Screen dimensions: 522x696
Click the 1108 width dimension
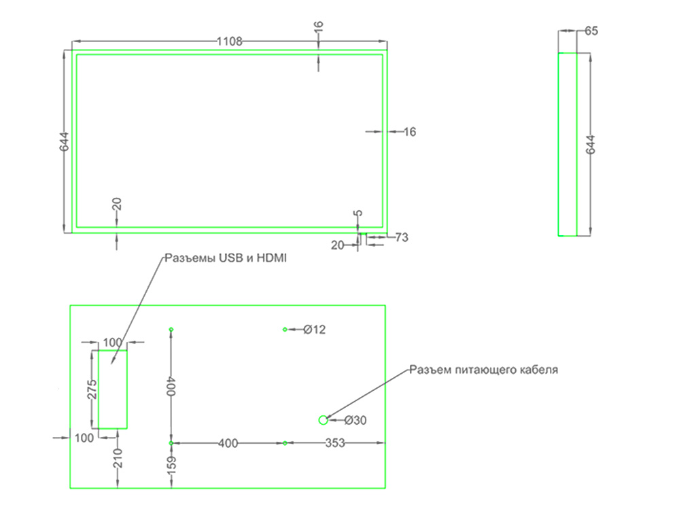(230, 41)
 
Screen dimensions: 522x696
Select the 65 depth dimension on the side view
(591, 31)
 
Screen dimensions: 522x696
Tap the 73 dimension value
(402, 237)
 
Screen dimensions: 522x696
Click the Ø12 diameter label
(315, 330)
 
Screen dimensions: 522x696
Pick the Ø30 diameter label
(355, 421)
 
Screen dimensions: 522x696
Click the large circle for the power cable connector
(324, 420)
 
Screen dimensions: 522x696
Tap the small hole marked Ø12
(285, 330)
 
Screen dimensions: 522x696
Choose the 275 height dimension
(92, 389)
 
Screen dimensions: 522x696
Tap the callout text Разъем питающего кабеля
(483, 370)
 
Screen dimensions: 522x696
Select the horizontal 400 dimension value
(228, 443)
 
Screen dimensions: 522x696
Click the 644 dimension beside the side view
(590, 145)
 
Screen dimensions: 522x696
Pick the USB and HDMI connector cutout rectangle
(113, 389)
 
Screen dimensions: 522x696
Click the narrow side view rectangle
(567, 145)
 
